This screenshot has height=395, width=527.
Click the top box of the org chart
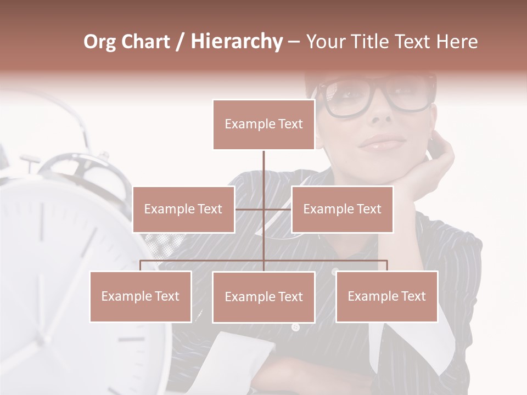tap(263, 125)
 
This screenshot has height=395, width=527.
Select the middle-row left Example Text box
tap(183, 209)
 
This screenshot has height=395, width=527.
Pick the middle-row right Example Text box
tap(342, 209)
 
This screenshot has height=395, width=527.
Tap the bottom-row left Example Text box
tap(141, 296)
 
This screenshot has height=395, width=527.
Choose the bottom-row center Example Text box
tap(263, 297)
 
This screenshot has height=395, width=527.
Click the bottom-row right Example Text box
tap(386, 296)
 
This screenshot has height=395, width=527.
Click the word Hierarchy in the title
tap(237, 42)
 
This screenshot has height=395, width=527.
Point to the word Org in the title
tap(99, 42)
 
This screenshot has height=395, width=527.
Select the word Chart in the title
tap(145, 42)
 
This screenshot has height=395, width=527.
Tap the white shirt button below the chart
tap(295, 328)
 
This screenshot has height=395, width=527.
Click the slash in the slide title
tap(180, 42)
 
